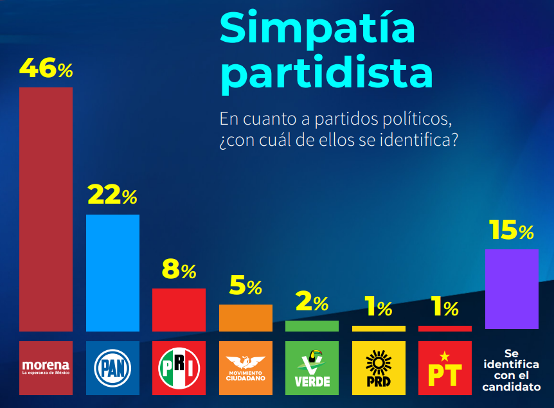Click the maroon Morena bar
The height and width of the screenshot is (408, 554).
tap(46, 209)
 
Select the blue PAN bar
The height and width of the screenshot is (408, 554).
tap(112, 272)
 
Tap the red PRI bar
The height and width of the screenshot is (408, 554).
tap(179, 310)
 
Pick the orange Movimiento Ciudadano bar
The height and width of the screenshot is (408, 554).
tap(246, 318)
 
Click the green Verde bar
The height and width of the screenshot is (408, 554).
tap(312, 326)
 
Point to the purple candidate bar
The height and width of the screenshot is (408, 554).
tap(512, 289)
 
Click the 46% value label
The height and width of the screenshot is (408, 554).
tap(46, 68)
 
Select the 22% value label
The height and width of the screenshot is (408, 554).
tap(112, 195)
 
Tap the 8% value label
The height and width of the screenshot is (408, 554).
tap(179, 269)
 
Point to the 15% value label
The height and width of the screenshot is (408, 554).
tap(511, 230)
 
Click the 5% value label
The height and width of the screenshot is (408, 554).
tap(246, 285)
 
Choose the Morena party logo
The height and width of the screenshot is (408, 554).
tap(46, 368)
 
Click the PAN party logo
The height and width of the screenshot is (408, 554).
tap(112, 368)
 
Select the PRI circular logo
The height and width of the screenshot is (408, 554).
tap(179, 368)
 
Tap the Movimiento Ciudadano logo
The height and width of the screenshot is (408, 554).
tap(246, 368)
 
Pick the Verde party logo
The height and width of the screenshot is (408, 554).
tap(312, 368)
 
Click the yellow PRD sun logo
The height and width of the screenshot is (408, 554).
tap(379, 368)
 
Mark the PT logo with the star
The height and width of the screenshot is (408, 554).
tap(445, 368)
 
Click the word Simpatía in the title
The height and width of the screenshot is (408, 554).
tap(317, 29)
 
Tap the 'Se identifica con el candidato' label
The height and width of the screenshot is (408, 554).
tap(512, 370)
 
